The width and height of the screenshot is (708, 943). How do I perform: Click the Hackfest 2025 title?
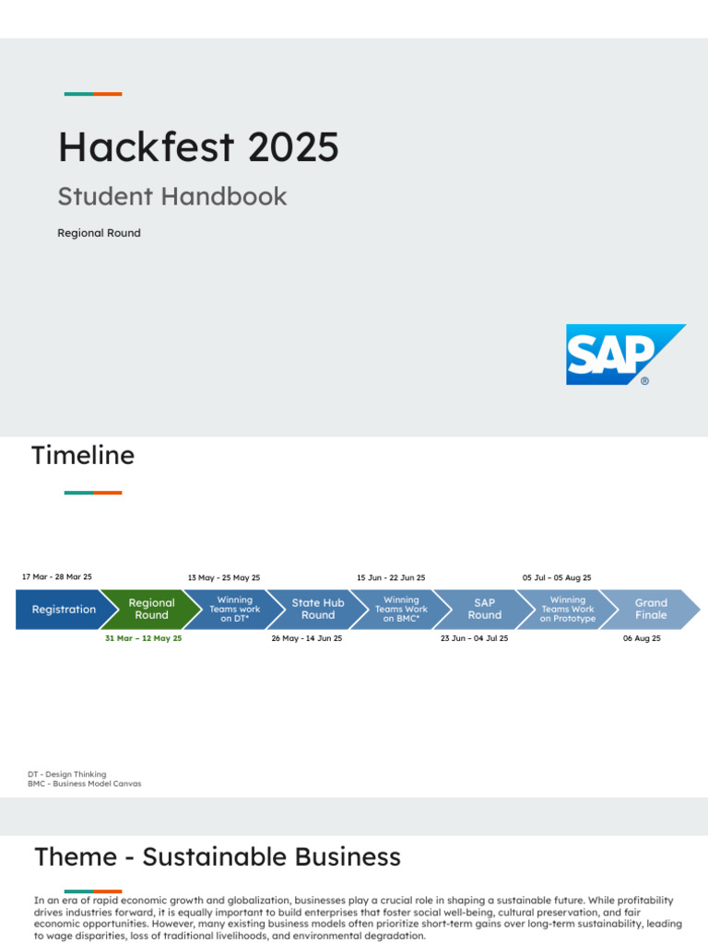(x=198, y=147)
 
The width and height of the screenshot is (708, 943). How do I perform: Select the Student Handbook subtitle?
(x=172, y=196)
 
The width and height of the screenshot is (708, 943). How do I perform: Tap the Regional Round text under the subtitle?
(x=99, y=233)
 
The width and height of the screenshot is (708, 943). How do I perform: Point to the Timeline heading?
(x=83, y=455)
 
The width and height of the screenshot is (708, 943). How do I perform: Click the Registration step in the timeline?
(x=64, y=610)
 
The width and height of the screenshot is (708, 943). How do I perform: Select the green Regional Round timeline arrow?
(x=151, y=610)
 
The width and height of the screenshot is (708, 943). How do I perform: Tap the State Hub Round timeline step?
(x=318, y=610)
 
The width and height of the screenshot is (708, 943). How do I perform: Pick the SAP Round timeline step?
(x=484, y=610)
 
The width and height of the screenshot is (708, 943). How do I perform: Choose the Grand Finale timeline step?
(x=651, y=610)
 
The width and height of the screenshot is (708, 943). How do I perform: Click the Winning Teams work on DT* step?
(x=235, y=610)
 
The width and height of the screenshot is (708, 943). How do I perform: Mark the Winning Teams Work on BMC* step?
(x=401, y=610)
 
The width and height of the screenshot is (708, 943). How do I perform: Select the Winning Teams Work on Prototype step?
(x=568, y=610)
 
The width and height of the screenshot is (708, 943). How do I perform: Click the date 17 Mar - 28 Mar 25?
(x=57, y=577)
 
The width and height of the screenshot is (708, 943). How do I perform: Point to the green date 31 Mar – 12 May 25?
(x=143, y=638)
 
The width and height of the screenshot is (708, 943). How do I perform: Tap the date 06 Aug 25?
(x=642, y=638)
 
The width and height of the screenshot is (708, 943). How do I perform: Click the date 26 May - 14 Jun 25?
(x=306, y=638)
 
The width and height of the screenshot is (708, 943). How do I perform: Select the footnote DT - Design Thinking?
(x=67, y=774)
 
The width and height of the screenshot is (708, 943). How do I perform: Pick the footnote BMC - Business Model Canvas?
(x=85, y=784)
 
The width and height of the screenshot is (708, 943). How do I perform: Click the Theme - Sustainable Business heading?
(x=218, y=857)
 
